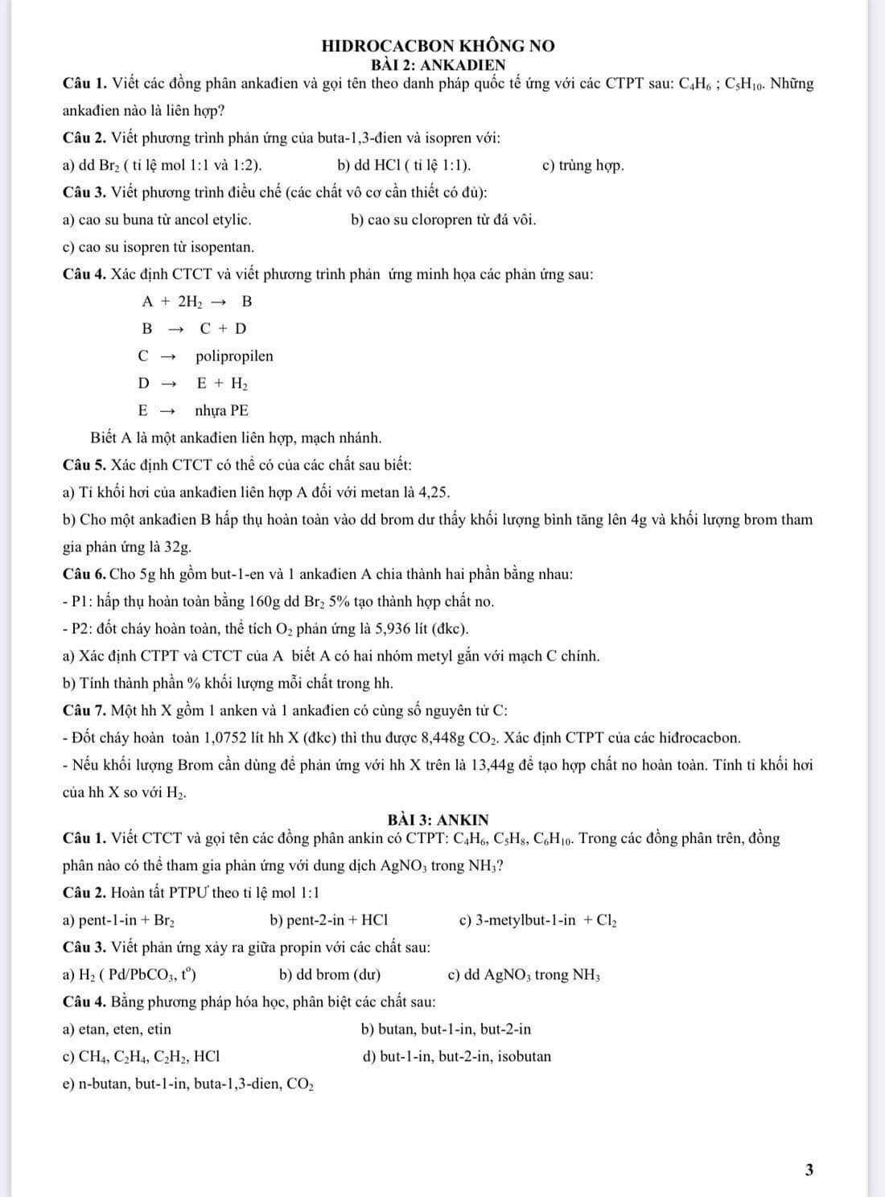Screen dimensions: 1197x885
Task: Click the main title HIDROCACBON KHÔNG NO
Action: click(438, 46)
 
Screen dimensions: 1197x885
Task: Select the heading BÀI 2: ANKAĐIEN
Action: click(438, 65)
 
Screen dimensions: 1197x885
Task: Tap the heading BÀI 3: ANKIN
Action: click(438, 820)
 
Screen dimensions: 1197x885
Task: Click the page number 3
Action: click(809, 1170)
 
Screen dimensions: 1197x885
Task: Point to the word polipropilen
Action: click(234, 356)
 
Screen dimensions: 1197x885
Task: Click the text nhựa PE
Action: click(221, 410)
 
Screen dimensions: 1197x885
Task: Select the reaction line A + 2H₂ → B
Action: click(197, 302)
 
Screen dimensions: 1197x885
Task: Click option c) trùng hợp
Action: click(583, 166)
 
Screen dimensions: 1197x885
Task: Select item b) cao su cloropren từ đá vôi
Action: click(443, 220)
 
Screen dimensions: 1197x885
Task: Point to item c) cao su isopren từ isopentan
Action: click(158, 247)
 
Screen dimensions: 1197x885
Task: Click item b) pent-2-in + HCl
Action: click(329, 920)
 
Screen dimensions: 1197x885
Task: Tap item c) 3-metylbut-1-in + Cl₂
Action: click(537, 920)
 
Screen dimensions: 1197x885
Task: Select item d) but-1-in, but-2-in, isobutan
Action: click(457, 1056)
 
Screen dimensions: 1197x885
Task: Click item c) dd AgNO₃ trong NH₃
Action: click(523, 975)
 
